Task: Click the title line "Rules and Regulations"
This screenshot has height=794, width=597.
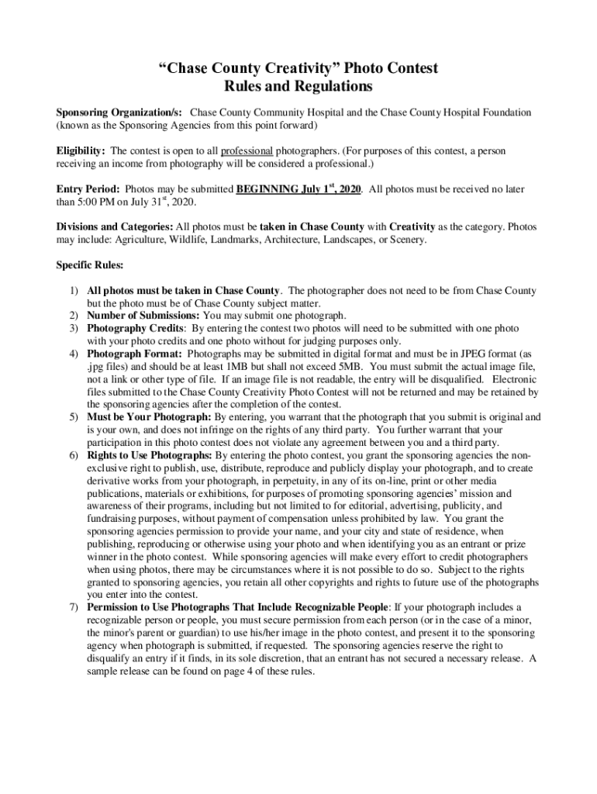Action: coord(298,86)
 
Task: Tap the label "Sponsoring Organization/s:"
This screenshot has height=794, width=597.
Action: coord(118,112)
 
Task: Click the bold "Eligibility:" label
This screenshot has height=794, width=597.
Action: coord(81,150)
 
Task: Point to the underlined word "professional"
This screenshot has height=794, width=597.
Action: coord(247,150)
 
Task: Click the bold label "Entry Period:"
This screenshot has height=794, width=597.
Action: coord(88,189)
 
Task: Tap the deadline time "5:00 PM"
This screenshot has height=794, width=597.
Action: coord(95,202)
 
